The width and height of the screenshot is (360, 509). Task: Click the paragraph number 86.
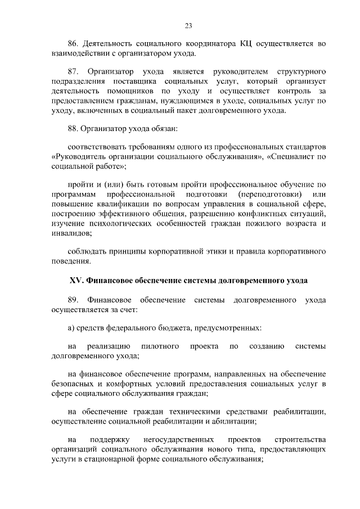tap(73, 44)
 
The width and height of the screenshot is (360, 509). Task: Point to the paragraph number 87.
tap(73, 73)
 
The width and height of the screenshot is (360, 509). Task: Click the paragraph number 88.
tap(73, 129)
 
